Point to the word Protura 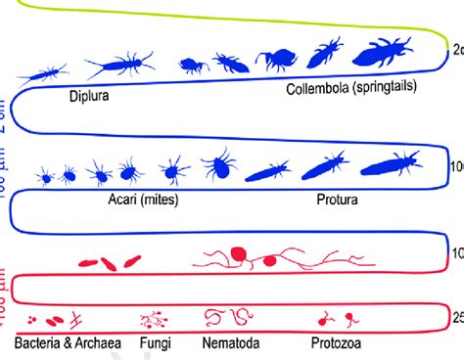[x=336, y=199]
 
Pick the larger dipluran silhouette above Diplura [x=118, y=67]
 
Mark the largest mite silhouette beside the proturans [x=223, y=167]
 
